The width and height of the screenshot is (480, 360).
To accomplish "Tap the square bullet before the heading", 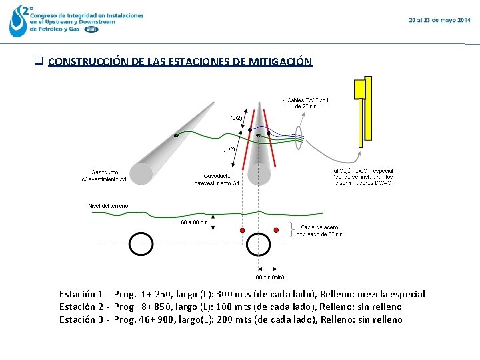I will [39, 62].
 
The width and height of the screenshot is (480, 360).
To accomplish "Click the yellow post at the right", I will [363, 110].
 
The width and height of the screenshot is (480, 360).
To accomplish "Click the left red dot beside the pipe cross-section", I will [242, 230].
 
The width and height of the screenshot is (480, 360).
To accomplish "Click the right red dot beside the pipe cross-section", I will [275, 230].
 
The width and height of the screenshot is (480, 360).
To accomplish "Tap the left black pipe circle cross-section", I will [141, 244].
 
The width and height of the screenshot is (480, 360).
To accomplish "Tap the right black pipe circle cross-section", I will [259, 244].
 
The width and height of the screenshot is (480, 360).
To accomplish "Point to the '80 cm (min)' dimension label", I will [269, 277].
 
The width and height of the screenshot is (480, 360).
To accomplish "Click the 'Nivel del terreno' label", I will [108, 205].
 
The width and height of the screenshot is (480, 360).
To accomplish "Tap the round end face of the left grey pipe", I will [141, 173].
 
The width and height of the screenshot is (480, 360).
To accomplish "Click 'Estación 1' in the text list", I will [81, 294].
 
